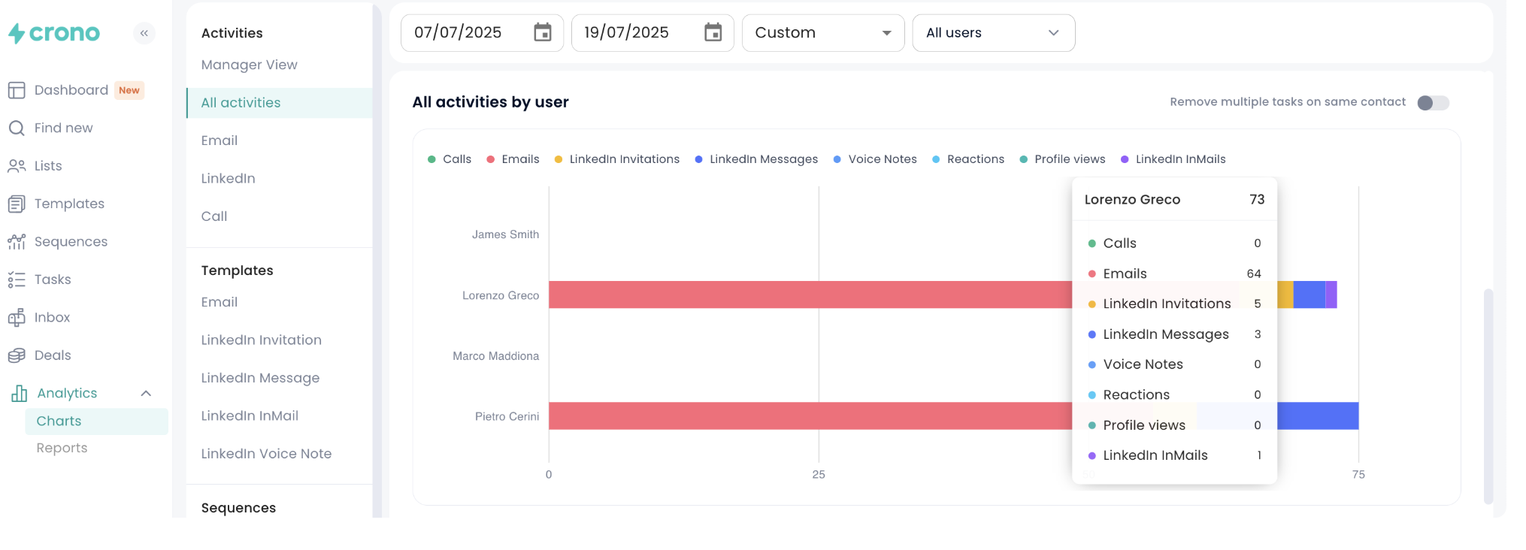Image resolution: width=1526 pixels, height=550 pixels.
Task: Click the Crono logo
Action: point(54,33)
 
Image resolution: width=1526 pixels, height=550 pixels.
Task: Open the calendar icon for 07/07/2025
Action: point(542,32)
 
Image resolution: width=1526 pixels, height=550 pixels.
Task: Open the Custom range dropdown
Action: point(822,33)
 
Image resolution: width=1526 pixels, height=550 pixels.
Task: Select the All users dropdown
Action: point(992,33)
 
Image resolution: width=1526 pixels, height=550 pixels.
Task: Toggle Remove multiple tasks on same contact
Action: point(1432,103)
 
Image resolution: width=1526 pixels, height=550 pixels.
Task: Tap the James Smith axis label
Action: point(505,234)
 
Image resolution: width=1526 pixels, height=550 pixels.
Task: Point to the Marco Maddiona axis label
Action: point(495,356)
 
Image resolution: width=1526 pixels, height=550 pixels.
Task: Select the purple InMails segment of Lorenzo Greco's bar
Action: point(1331,295)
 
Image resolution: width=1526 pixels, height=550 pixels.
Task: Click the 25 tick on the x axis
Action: point(819,475)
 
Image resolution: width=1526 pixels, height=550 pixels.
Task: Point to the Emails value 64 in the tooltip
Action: point(1253,273)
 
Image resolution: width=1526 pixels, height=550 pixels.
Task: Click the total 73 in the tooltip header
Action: point(1257,200)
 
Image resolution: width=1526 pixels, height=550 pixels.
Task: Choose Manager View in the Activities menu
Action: point(249,65)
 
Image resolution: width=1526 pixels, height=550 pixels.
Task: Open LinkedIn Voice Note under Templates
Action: point(266,454)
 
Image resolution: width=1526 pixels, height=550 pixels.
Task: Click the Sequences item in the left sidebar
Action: point(71,242)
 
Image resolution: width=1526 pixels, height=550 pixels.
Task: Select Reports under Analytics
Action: point(62,448)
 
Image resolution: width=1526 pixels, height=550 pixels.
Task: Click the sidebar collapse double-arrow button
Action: point(144,33)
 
